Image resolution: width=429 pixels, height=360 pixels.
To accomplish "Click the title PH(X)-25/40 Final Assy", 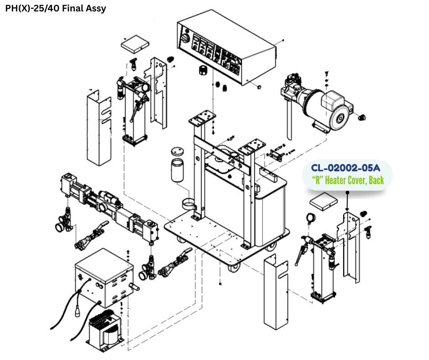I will click(55, 8).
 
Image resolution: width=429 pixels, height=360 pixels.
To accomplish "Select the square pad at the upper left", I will click(135, 44).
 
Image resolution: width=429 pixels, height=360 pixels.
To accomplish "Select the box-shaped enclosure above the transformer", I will click(104, 277).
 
